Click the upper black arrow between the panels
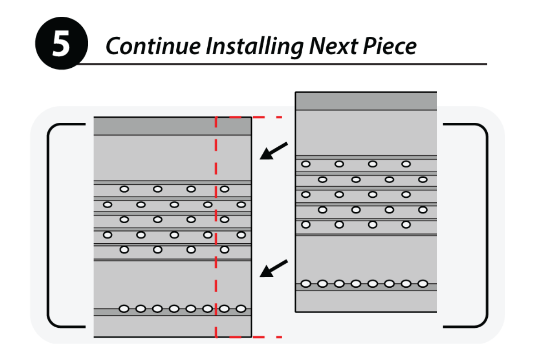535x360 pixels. tap(274, 150)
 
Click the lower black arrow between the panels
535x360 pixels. tap(274, 268)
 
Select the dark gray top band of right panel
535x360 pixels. tap(365, 101)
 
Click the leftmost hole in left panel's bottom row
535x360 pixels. tap(124, 309)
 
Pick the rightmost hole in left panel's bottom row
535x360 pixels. tap(241, 309)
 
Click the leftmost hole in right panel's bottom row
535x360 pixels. tap(306, 284)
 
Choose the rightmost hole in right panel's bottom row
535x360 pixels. tap(423, 284)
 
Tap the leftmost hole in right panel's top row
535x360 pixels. tap(306, 164)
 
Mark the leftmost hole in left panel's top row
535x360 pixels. tap(124, 189)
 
